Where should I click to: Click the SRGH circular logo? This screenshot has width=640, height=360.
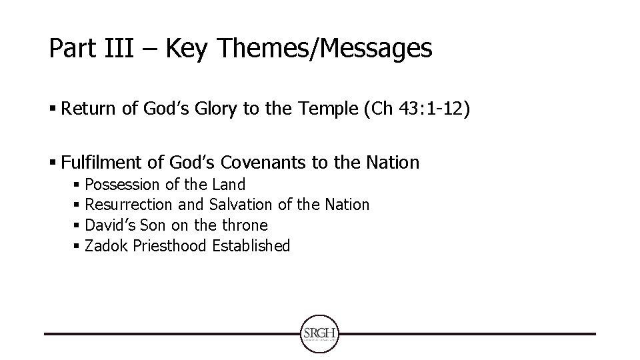click(321, 333)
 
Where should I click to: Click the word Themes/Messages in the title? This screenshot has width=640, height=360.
click(334, 48)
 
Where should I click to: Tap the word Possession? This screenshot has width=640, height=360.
click(123, 184)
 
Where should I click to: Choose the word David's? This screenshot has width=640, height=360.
click(109, 225)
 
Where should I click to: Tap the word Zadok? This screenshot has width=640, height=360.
click(107, 246)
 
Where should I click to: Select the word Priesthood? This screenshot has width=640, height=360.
click(171, 246)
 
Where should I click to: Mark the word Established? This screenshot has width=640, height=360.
click(251, 246)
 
